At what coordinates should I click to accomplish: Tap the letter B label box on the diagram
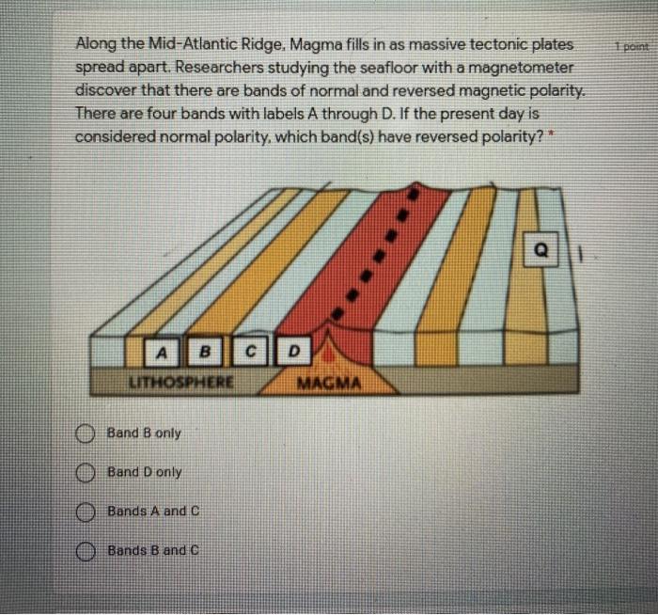coord(204,353)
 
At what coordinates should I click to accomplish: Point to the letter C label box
coord(251,353)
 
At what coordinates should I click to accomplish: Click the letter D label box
coord(292,353)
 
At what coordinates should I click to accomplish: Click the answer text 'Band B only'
coord(144,434)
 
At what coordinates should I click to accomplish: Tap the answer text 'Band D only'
coord(144,472)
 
